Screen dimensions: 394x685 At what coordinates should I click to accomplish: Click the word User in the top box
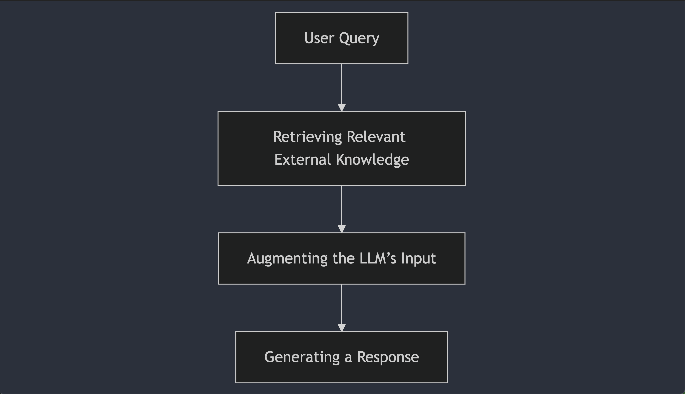(x=319, y=38)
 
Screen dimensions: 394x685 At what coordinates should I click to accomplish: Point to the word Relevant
(x=376, y=137)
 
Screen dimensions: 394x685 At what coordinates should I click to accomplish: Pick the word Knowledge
(x=372, y=160)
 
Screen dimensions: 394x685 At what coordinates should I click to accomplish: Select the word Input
(x=419, y=258)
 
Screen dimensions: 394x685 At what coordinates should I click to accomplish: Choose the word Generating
(x=302, y=357)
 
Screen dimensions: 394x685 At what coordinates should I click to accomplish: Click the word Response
(x=388, y=357)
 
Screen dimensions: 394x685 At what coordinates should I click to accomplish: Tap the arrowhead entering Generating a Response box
(x=341, y=328)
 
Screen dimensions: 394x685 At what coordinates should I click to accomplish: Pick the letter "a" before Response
(x=348, y=358)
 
